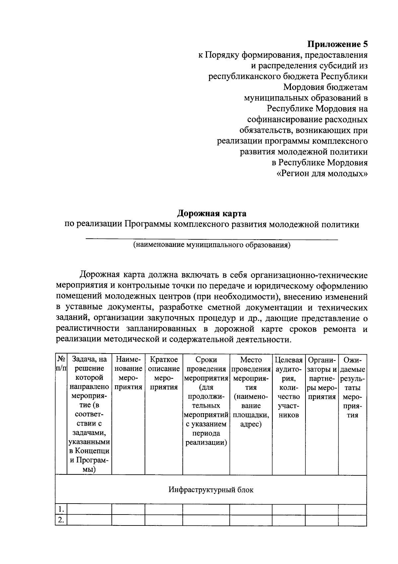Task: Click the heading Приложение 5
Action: click(337, 44)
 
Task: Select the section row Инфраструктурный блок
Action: click(211, 490)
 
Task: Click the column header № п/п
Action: click(61, 364)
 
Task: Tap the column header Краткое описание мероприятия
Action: click(164, 373)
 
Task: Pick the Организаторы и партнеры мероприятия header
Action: click(321, 378)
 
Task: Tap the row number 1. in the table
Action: click(61, 509)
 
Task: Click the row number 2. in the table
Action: click(61, 520)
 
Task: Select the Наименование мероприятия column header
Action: click(128, 373)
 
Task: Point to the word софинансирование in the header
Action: click(286, 119)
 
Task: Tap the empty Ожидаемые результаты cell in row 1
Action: click(352, 509)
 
